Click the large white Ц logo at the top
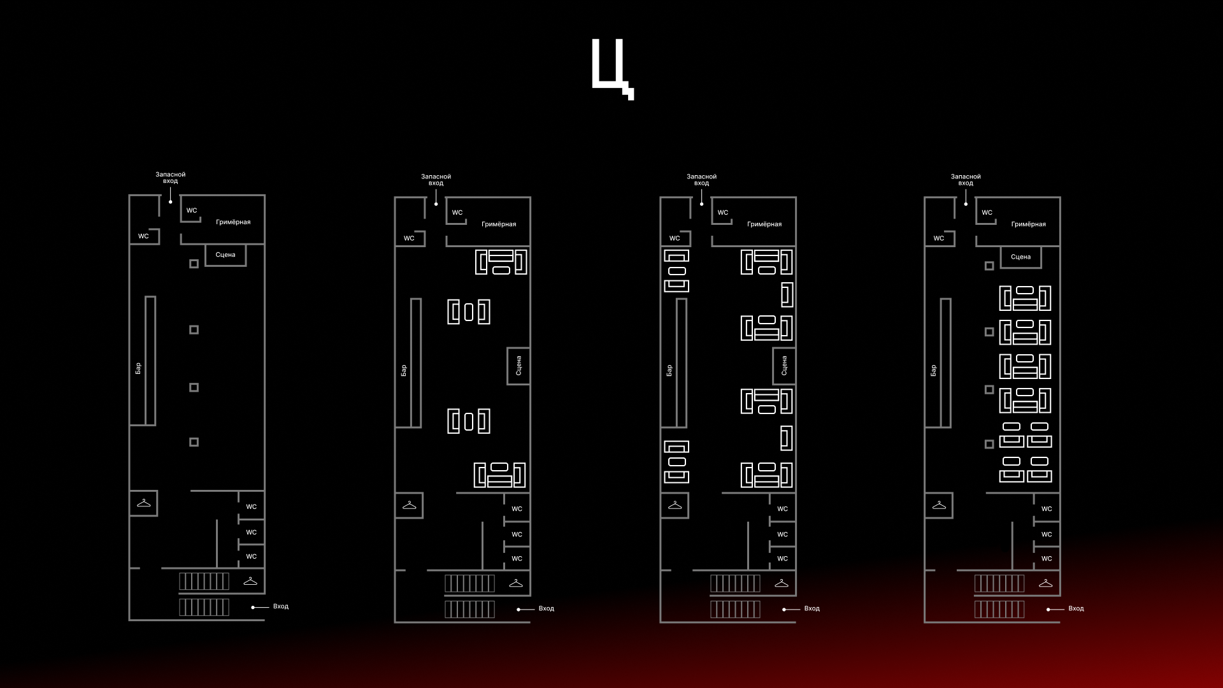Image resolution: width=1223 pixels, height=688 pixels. coord(611,68)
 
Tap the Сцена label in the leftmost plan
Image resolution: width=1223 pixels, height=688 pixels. coord(225,255)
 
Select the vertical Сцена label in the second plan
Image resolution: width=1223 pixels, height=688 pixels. coord(519,366)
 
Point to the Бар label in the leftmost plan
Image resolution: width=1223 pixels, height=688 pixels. coord(138,368)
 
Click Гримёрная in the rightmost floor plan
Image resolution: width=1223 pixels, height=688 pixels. coord(1028,224)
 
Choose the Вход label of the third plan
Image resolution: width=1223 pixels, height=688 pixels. coord(812,608)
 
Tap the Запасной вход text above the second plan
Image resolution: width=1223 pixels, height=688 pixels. coord(436,180)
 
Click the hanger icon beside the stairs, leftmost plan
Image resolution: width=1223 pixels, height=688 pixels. coord(250,581)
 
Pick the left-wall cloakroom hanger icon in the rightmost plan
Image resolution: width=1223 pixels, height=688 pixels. coord(939,505)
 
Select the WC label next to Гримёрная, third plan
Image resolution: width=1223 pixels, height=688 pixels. coord(723,213)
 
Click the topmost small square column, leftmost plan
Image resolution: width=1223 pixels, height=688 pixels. coord(194,264)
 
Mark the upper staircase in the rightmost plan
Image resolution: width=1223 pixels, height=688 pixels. coord(999,583)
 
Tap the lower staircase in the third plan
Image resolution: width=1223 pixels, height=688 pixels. coord(735,609)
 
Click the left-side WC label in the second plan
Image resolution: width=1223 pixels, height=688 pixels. coord(409,238)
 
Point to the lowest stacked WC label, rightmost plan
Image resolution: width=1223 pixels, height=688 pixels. coord(1047,559)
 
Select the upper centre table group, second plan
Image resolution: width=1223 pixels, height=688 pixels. coord(469,312)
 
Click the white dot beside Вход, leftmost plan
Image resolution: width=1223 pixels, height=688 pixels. coord(253,607)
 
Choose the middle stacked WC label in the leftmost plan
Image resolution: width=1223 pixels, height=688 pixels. coord(252,532)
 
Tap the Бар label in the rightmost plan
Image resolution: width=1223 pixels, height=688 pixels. coord(933,370)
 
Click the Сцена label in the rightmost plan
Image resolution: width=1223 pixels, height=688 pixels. coord(1020,257)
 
